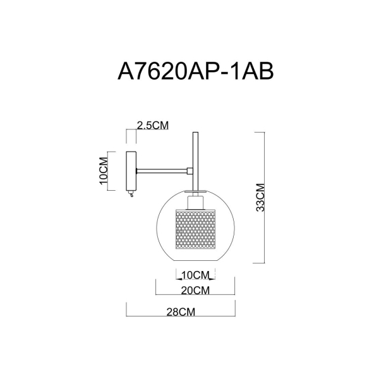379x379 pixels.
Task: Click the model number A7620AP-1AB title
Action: tap(195, 71)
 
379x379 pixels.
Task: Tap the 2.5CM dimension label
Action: tap(153, 126)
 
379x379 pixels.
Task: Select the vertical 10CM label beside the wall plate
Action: tap(104, 171)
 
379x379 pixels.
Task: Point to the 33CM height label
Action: tap(260, 198)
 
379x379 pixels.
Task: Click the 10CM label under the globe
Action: tap(195, 275)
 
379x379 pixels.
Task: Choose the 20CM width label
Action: tap(195, 291)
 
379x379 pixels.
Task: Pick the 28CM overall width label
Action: tap(181, 312)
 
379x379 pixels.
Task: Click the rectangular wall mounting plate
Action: tap(131, 171)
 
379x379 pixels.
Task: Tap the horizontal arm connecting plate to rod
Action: tap(162, 171)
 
